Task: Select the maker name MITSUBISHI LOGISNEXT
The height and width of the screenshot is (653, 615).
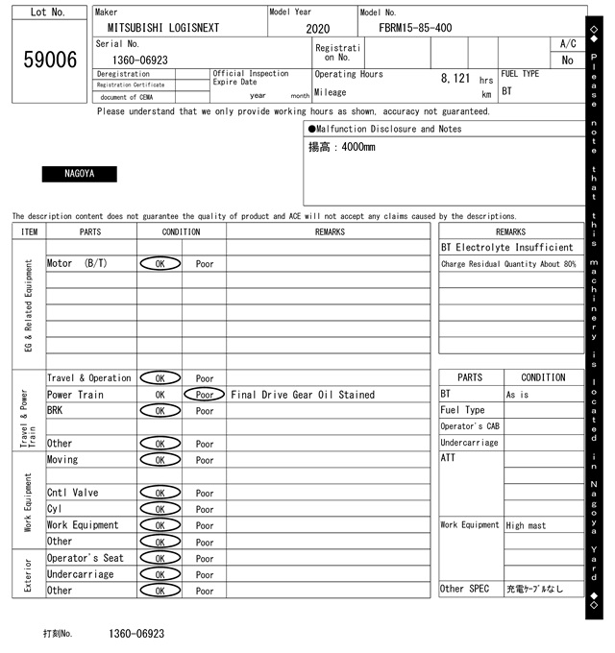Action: coord(162,28)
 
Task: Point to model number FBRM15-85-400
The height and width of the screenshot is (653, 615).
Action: coord(415,28)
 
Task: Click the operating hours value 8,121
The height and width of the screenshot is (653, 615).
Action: coord(455,78)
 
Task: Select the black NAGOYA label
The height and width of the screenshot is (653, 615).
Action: coord(79,174)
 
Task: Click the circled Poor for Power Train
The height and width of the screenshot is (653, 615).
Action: coord(205,395)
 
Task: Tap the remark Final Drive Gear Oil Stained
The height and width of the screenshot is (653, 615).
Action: coord(303,395)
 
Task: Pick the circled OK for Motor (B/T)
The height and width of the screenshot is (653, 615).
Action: coord(160,263)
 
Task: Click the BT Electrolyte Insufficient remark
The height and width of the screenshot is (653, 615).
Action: coord(508,248)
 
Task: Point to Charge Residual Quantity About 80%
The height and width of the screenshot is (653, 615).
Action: coord(508,264)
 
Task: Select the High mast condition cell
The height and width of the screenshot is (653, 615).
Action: coord(528,525)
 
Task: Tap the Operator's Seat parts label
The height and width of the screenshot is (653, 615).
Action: coord(86,558)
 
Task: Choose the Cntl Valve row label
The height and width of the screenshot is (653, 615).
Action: coord(72,493)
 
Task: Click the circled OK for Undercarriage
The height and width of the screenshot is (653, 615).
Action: coord(160,574)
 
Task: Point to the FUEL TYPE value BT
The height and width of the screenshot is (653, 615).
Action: coord(507,91)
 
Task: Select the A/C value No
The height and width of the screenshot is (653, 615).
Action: coord(567,60)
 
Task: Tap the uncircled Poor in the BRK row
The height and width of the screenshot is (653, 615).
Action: coord(205,410)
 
